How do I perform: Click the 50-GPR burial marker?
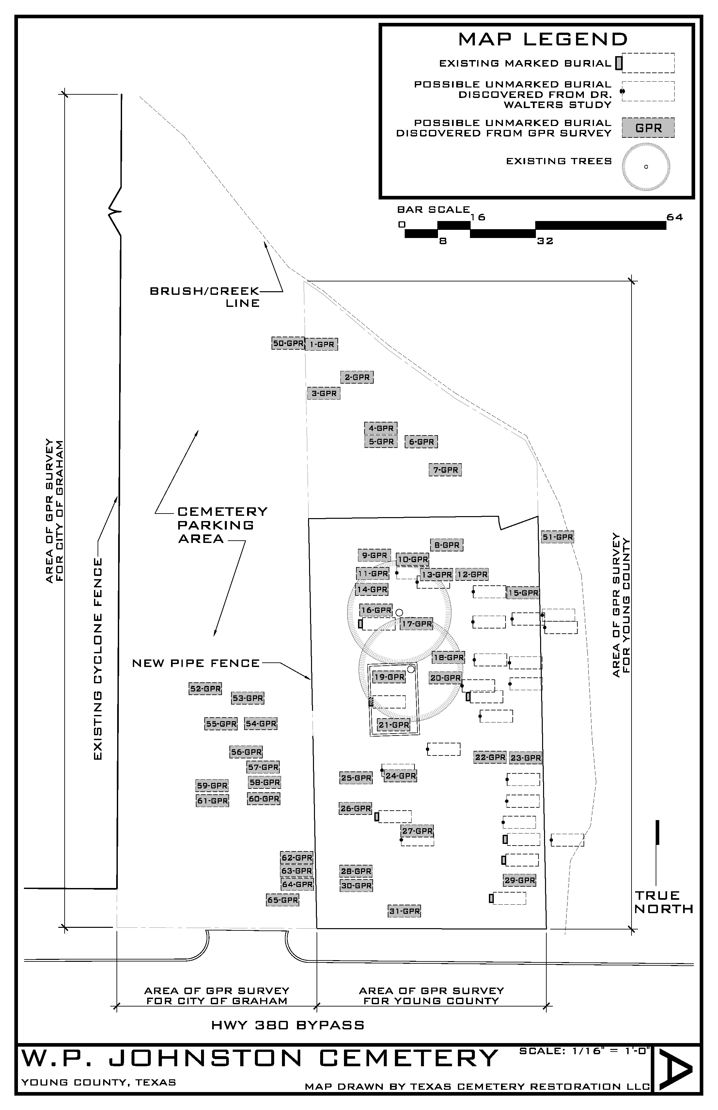(x=288, y=343)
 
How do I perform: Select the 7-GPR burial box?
(x=445, y=470)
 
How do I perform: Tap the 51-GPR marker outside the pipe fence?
(x=558, y=537)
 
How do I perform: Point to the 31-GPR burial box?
(x=404, y=911)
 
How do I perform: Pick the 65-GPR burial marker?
(x=283, y=900)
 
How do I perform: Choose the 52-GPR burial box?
(x=205, y=689)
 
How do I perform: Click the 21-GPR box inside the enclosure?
(x=394, y=725)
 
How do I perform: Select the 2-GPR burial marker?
(x=357, y=377)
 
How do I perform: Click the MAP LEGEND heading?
(x=543, y=39)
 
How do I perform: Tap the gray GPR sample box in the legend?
(x=648, y=128)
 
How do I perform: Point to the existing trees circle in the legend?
(x=646, y=166)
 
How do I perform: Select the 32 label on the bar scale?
(x=545, y=241)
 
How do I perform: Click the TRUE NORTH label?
(x=664, y=902)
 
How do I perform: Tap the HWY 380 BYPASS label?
(x=288, y=1025)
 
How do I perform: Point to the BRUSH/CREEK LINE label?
(x=205, y=297)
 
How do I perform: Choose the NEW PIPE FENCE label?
(x=196, y=663)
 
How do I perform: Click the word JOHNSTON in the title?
(x=206, y=1058)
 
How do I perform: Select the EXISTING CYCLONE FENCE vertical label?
(x=98, y=658)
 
